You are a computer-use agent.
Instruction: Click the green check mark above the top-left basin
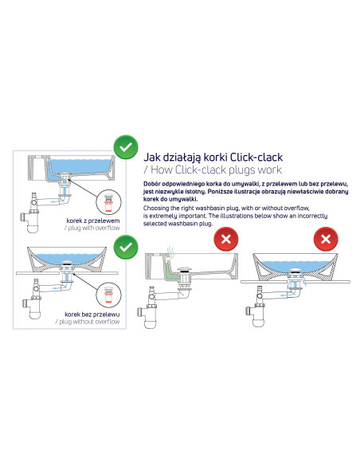coord(125,148)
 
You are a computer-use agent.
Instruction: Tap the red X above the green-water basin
coord(228,240)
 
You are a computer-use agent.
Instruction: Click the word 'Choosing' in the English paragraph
coord(156,207)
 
